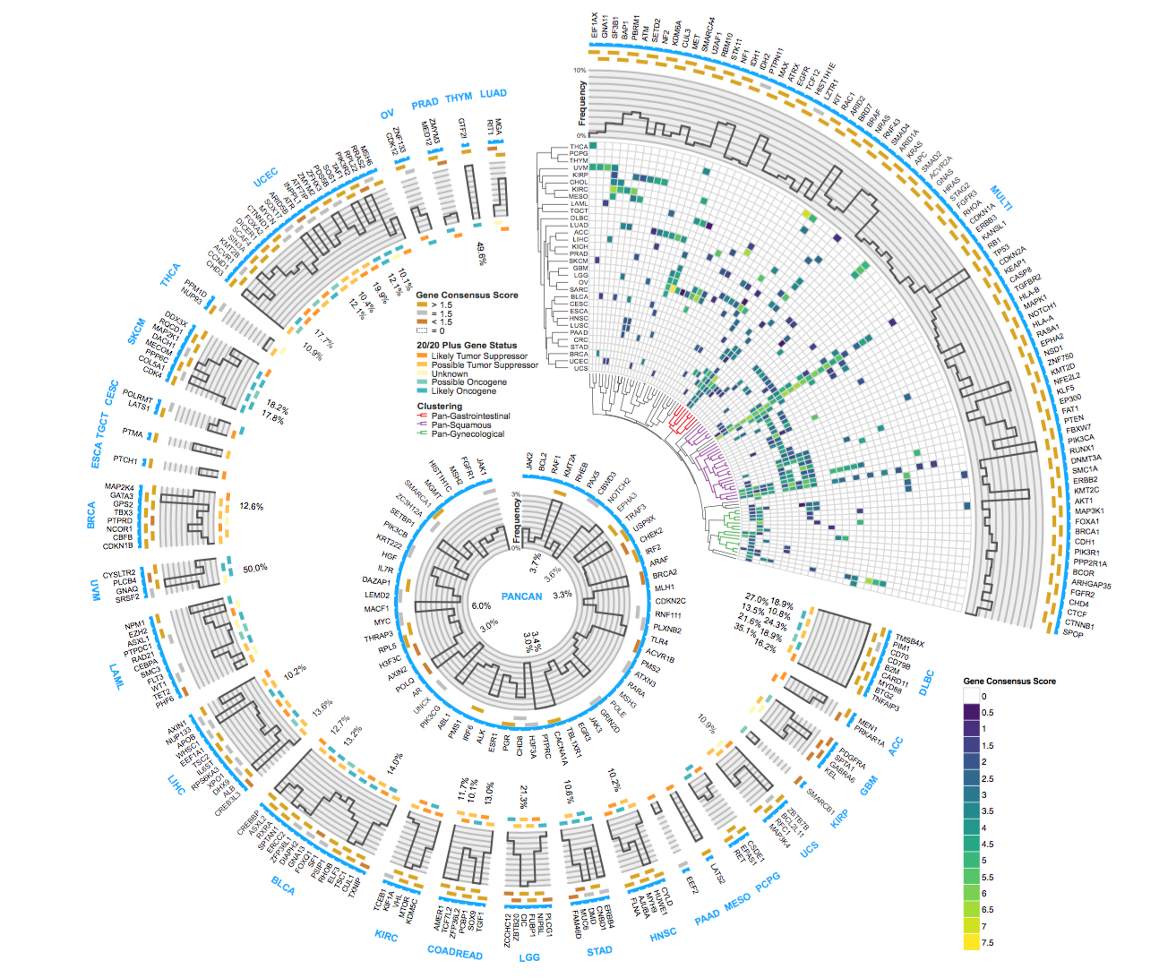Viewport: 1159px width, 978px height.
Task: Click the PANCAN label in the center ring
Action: coord(521,596)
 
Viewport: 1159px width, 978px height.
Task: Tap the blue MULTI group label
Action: coord(1000,197)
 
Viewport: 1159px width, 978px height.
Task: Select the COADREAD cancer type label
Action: coord(455,952)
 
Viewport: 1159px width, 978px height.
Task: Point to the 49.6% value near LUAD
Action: coord(481,253)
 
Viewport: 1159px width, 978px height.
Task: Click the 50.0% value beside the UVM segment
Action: coord(255,568)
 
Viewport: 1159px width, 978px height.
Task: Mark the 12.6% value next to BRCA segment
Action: coord(251,507)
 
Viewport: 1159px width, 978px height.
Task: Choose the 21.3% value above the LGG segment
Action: coord(523,798)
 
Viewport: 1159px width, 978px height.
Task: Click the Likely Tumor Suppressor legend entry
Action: coord(479,356)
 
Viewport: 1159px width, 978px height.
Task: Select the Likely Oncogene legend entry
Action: coord(463,391)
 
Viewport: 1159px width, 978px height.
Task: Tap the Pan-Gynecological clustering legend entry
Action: coord(468,434)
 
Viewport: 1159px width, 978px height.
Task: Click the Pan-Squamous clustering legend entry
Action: coord(460,425)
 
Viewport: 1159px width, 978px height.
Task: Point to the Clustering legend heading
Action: coord(440,407)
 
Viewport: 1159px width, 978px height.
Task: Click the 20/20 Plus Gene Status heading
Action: coord(467,345)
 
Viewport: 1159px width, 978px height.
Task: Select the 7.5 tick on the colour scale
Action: coord(988,942)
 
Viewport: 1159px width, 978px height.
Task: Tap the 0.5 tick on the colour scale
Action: coord(987,713)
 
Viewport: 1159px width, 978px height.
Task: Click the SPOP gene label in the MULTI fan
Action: coord(1073,633)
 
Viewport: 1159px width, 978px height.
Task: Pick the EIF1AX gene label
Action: coord(594,25)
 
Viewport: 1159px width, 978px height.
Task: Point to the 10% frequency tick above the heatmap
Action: coord(579,71)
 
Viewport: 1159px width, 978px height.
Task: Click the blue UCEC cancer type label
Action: coord(266,177)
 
